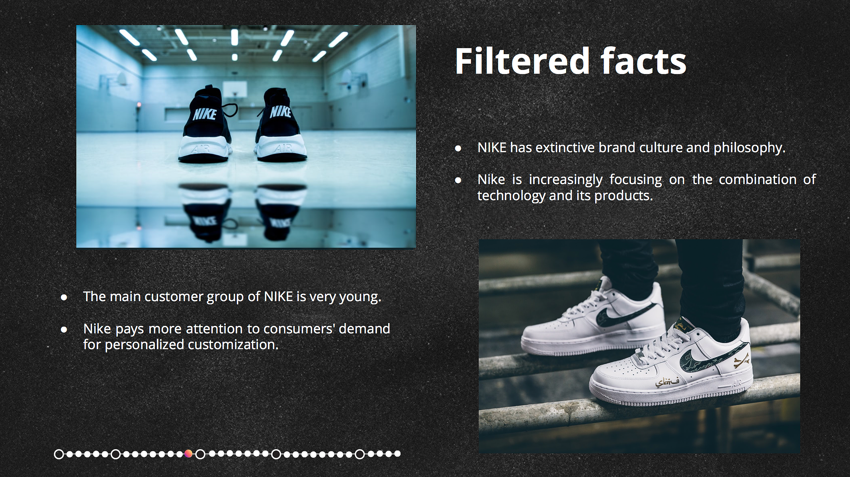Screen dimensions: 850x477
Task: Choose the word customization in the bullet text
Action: pos(231,345)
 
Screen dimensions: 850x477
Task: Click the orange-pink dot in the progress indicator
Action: pos(189,454)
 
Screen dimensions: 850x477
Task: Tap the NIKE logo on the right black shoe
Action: pos(281,112)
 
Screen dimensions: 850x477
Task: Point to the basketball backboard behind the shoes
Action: pos(234,90)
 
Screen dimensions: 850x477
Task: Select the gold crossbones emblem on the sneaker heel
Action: pos(742,361)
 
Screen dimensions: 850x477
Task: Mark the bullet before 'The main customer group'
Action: pos(64,297)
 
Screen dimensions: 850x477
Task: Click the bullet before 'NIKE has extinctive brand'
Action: pos(458,148)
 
